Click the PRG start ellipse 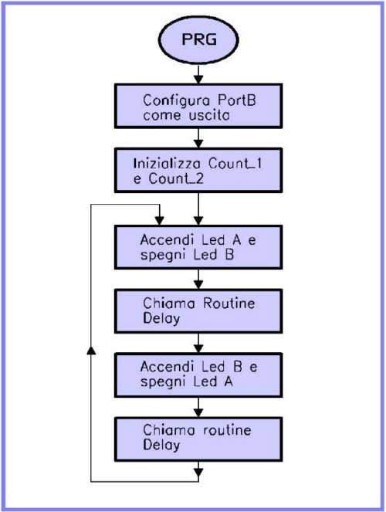tap(198, 39)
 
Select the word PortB tap(236, 100)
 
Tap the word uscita tap(208, 115)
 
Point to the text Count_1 tap(235, 164)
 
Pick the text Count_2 tap(176, 179)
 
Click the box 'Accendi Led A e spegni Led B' tap(198, 247)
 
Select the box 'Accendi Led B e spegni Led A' tap(198, 375)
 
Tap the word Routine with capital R tap(229, 303)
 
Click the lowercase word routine tap(227, 430)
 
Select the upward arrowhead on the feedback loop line tap(92, 351)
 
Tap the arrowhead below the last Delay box tap(198, 473)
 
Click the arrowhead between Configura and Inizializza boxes tap(198, 144)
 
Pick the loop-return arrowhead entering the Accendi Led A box tap(159, 221)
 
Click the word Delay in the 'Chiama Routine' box tap(161, 318)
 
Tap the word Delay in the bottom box tap(161, 445)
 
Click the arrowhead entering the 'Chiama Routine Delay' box tap(198, 284)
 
